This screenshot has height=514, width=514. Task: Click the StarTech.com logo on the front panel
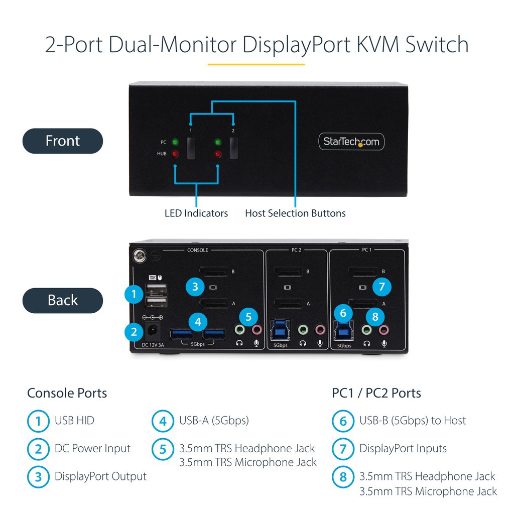pyautogui.click(x=351, y=142)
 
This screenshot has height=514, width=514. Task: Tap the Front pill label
pyautogui.click(x=62, y=141)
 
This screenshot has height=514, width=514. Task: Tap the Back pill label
pyautogui.click(x=62, y=300)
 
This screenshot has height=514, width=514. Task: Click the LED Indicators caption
pyautogui.click(x=196, y=213)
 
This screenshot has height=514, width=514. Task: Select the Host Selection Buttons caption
pyautogui.click(x=295, y=213)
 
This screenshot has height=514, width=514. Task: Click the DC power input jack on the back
pyautogui.click(x=153, y=331)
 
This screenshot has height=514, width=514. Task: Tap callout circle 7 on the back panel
pyautogui.click(x=382, y=287)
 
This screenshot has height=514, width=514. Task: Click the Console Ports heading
pyautogui.click(x=67, y=393)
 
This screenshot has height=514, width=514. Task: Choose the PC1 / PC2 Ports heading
pyautogui.click(x=376, y=393)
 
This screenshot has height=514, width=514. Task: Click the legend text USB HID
pyautogui.click(x=74, y=421)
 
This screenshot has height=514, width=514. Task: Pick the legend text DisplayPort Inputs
pyautogui.click(x=403, y=448)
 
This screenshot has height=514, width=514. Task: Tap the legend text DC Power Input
pyautogui.click(x=92, y=448)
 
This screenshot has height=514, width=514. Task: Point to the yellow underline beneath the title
pyautogui.click(x=256, y=64)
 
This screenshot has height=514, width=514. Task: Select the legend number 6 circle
pyautogui.click(x=343, y=421)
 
